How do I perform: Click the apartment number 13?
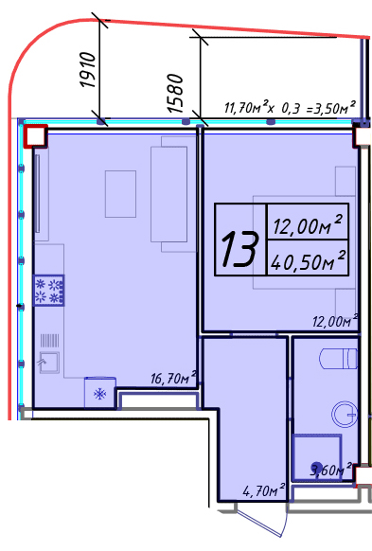click(239, 249)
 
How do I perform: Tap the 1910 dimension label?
click(87, 70)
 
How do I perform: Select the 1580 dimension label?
click(175, 93)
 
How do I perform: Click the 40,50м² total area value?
click(308, 260)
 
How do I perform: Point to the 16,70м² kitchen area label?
click(173, 378)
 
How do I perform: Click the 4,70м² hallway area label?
click(264, 490)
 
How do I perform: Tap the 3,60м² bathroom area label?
click(330, 470)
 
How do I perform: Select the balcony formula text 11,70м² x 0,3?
click(263, 107)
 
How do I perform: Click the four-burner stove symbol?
click(49, 291)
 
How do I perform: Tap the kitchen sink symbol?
click(49, 363)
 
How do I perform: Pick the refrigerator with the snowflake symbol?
click(100, 393)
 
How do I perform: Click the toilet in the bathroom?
click(338, 359)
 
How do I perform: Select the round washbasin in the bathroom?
click(345, 415)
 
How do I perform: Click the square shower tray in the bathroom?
click(317, 457)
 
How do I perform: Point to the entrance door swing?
click(260, 523)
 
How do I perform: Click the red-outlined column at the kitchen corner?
click(35, 135)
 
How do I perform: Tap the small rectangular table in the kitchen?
click(120, 194)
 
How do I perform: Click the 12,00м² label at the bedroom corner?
click(335, 321)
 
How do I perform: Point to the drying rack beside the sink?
click(49, 340)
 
